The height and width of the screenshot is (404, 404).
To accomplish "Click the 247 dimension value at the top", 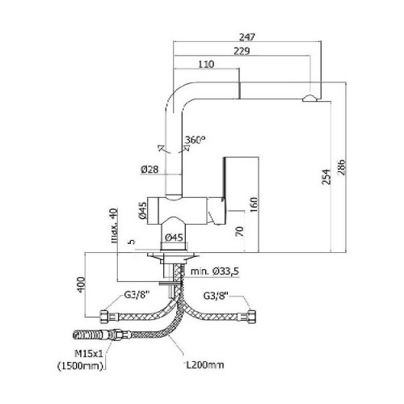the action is click(247, 36).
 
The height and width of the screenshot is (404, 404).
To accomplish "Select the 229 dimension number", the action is click(242, 51).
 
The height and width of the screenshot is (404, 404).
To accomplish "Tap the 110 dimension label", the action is click(206, 64).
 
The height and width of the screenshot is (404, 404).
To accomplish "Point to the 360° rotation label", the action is click(195, 140).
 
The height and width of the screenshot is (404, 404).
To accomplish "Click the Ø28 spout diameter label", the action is click(149, 170).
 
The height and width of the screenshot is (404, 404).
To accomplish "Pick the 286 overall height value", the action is click(341, 167).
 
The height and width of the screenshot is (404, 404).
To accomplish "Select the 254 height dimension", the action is click(326, 177).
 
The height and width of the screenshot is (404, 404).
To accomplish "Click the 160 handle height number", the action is click(254, 204).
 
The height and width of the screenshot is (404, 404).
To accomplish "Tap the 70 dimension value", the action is click(239, 232).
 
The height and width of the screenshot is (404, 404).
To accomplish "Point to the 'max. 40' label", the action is click(115, 225).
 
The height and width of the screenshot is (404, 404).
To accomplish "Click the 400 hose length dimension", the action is click(81, 284).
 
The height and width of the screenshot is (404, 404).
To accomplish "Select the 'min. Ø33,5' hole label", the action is click(215, 271).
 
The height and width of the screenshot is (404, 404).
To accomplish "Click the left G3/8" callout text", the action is click(137, 295).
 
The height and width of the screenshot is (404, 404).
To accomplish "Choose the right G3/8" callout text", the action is click(216, 296).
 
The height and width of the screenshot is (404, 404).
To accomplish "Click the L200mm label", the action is click(205, 365).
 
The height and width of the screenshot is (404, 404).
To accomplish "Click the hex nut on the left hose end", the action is click(104, 317).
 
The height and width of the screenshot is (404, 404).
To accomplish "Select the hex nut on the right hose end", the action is click(251, 318).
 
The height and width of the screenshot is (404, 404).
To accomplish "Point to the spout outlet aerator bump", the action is click(309, 99).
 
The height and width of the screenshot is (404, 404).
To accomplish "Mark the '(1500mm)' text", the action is click(81, 366).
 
